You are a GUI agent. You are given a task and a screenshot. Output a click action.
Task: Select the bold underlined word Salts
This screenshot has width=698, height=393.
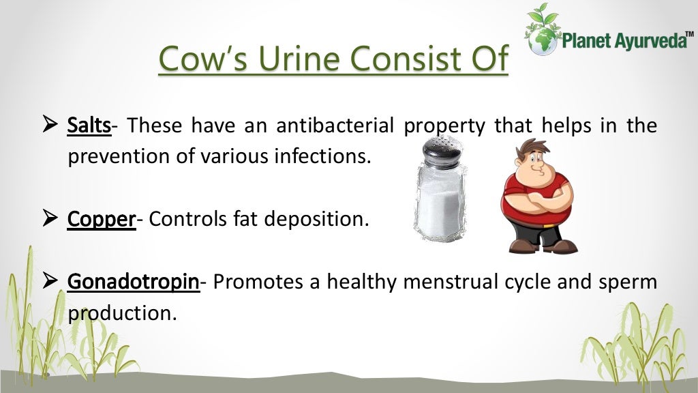pyautogui.click(x=89, y=126)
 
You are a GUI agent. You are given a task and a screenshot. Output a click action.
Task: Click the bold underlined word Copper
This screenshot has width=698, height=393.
pyautogui.click(x=102, y=220)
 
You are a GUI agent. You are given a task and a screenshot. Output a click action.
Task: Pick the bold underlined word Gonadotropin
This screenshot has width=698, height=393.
pyautogui.click(x=134, y=282)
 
